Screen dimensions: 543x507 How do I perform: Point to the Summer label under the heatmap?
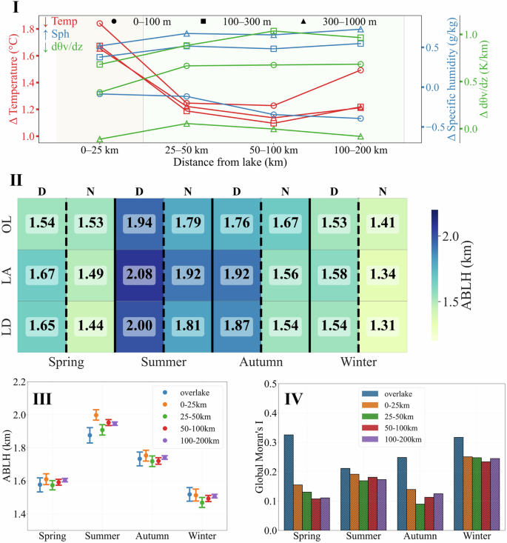[x=163, y=363]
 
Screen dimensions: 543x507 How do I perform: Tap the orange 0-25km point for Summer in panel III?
[x=96, y=415]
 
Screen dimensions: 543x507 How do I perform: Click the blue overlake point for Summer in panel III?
[x=90, y=435]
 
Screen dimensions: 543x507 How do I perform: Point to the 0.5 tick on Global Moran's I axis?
[x=270, y=384]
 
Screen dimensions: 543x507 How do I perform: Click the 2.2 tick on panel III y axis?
[x=28, y=382]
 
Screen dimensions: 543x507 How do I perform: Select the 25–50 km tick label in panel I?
[x=187, y=150]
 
